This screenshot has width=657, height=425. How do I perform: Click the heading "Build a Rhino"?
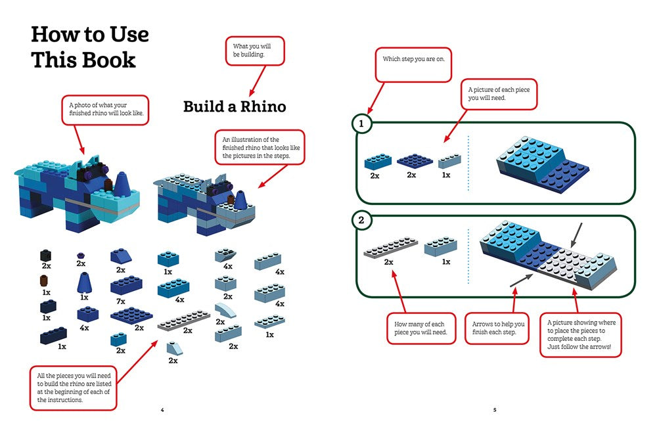235,106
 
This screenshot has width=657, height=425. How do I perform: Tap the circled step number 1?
361,123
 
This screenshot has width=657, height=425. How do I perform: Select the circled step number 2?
361,221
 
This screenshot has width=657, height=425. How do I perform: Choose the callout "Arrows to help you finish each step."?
499,328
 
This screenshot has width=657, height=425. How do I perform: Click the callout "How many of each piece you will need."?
420,328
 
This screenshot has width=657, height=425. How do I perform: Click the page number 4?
162,411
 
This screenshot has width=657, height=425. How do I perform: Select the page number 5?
494,411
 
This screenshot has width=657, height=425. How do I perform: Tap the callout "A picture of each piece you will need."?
501,94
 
